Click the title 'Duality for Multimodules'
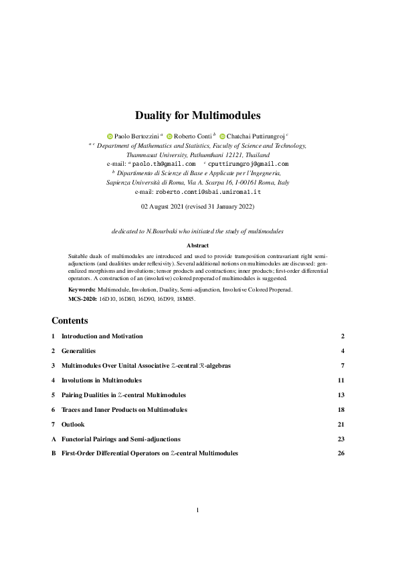199,115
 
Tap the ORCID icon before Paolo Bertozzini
110,136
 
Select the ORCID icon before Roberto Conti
169,136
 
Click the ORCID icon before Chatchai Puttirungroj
222,136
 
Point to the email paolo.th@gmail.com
164,163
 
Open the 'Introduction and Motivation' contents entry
102,336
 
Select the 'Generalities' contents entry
78,350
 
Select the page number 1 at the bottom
199,511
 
